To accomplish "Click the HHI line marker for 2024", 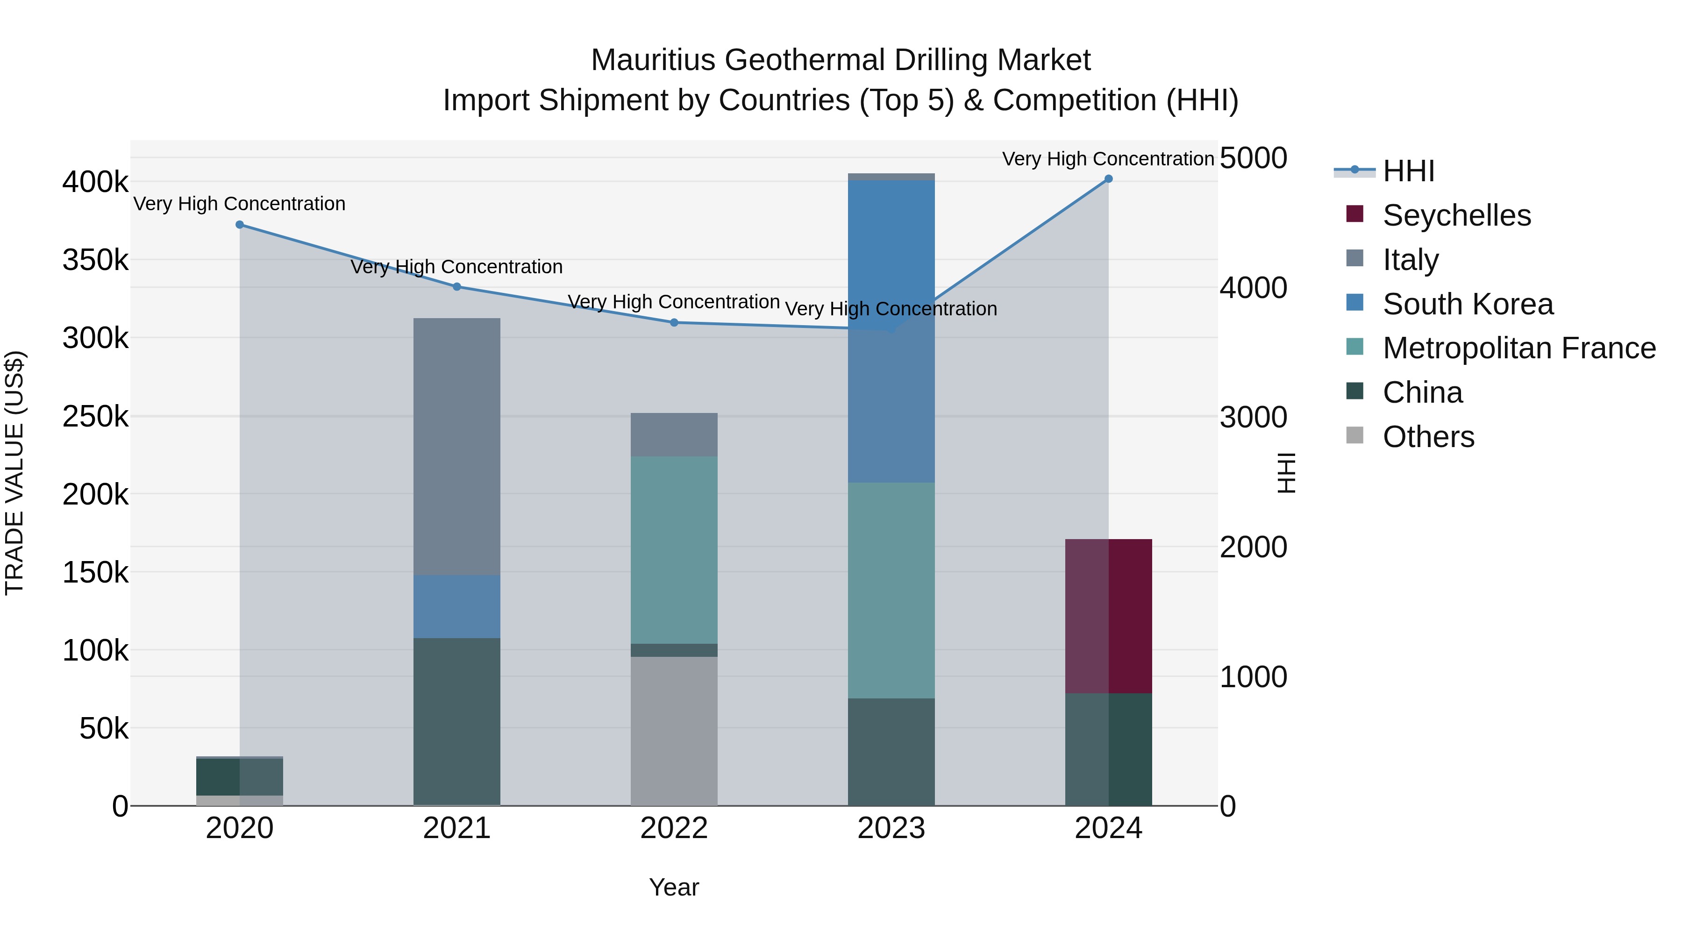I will [1108, 179].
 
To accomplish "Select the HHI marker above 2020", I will [240, 225].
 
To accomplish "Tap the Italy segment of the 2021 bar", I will [456, 447].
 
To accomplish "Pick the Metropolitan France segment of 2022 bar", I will [674, 550].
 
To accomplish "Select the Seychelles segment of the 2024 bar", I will [1108, 616].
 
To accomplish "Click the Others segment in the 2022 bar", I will [674, 731].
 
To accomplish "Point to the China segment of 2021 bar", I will [456, 721].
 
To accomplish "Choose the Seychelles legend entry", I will [1456, 215].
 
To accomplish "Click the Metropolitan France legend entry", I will [1519, 348].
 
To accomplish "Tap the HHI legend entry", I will [1408, 171].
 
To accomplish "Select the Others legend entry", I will [1428, 437].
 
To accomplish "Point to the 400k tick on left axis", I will [95, 182].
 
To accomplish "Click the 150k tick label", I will [95, 573].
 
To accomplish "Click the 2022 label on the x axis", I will [674, 828].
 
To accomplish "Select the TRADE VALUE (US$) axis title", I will [14, 473].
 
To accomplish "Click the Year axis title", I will [674, 887].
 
